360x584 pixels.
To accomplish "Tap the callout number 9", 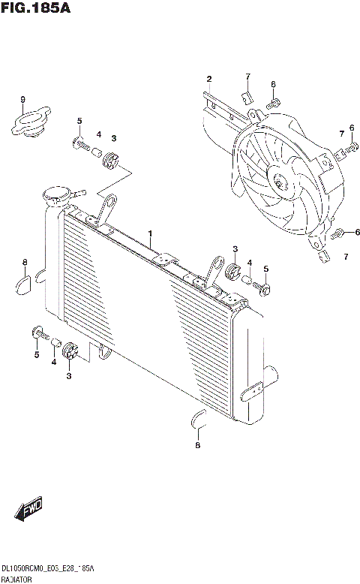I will pos(22,100).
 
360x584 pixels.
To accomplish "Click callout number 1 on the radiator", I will pos(150,234).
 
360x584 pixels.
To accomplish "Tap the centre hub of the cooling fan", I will pos(280,181).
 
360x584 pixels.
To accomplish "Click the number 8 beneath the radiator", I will pos(197,446).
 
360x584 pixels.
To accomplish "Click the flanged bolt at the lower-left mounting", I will pos(37,331).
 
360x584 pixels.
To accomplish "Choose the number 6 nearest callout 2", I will pos(273,84).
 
